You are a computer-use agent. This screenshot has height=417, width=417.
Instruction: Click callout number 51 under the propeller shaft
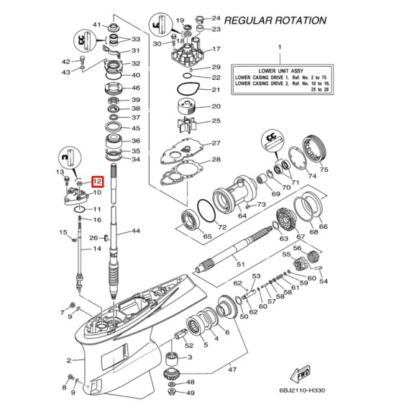click(x=241, y=265)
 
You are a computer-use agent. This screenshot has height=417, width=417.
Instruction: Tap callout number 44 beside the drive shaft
click(x=136, y=232)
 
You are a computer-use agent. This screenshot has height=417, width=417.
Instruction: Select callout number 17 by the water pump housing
click(x=216, y=50)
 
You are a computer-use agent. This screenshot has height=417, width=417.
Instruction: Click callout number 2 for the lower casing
click(x=70, y=360)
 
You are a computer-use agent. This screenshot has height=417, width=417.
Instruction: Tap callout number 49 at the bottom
click(x=190, y=393)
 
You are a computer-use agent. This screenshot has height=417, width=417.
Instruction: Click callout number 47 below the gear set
click(x=232, y=369)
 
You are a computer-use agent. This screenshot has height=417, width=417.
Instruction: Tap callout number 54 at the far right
click(x=323, y=281)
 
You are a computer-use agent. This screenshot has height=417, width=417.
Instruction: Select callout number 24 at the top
click(x=215, y=17)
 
